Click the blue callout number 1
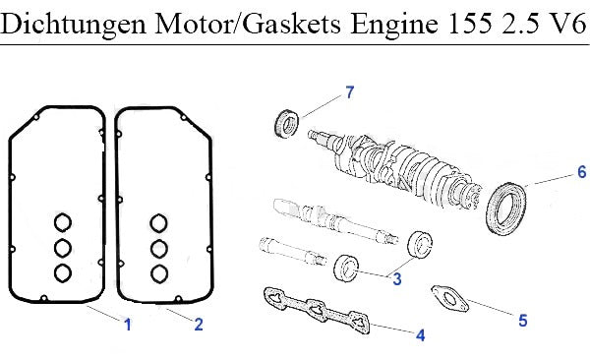[x=128, y=325]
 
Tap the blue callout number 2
[x=199, y=325]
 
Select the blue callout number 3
[x=397, y=279]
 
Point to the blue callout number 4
[x=421, y=335]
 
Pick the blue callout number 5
[x=523, y=321]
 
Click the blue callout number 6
[x=582, y=172]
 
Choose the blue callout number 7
[x=350, y=92]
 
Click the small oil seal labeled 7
[x=287, y=124]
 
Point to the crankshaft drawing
[x=395, y=168]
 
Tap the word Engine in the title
[x=394, y=24]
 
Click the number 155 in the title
[x=470, y=24]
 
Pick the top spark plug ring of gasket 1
[x=63, y=222]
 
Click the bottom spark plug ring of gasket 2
[x=159, y=274]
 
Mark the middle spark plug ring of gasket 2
[x=159, y=249]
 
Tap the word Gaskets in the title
[x=291, y=24]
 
